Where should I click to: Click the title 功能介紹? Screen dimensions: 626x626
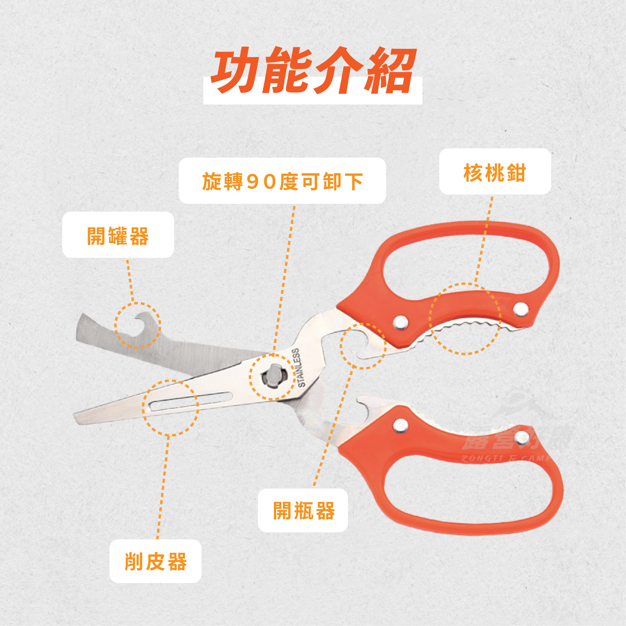coord(313,71)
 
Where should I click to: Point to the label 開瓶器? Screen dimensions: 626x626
coord(304,511)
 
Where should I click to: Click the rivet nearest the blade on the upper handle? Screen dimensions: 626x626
coord(401,322)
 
